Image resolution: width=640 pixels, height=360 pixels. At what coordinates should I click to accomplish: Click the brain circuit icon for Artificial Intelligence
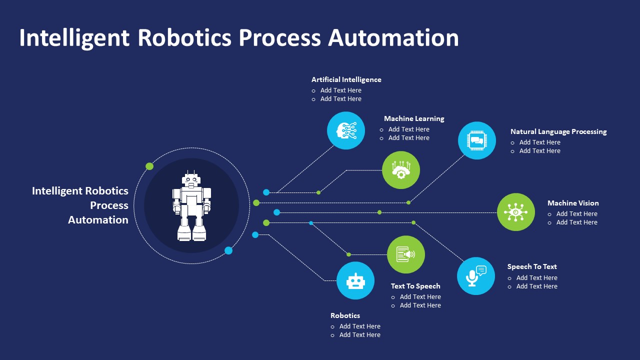tap(346, 130)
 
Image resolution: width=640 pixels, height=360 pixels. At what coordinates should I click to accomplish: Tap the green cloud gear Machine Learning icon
tap(401, 170)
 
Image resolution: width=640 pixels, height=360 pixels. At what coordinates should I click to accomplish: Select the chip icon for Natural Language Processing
tap(477, 140)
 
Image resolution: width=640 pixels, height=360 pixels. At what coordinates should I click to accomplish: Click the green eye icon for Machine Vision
tap(516, 212)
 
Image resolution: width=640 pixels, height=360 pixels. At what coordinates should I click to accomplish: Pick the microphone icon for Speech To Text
tap(476, 276)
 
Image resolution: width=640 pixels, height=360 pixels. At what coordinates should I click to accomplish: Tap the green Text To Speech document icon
tap(406, 254)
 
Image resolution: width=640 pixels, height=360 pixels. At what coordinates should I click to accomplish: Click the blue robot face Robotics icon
tap(355, 280)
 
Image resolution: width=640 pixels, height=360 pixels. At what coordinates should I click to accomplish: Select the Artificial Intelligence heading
tap(346, 79)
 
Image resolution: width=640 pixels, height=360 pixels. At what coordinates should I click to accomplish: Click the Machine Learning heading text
tap(414, 118)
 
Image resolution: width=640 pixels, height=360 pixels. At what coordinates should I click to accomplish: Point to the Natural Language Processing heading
tap(558, 131)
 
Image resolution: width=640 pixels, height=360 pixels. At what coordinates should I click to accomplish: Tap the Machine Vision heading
tap(573, 203)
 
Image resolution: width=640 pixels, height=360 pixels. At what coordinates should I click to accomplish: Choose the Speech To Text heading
tap(532, 266)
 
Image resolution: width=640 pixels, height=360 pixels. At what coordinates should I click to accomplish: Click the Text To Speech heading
tap(415, 286)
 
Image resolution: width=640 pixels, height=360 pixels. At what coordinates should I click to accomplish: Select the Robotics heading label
tap(345, 315)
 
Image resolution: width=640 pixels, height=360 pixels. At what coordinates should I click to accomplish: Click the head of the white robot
tap(191, 179)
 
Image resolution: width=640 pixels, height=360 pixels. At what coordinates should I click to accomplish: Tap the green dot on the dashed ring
tap(149, 166)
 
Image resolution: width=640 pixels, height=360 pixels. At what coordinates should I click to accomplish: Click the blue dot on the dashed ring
tap(228, 250)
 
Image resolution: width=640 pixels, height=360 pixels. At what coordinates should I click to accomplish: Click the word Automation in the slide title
tap(393, 38)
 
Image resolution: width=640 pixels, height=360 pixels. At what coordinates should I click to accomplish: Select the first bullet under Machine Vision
tap(576, 213)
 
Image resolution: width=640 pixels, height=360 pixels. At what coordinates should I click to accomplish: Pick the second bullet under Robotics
tap(359, 335)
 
